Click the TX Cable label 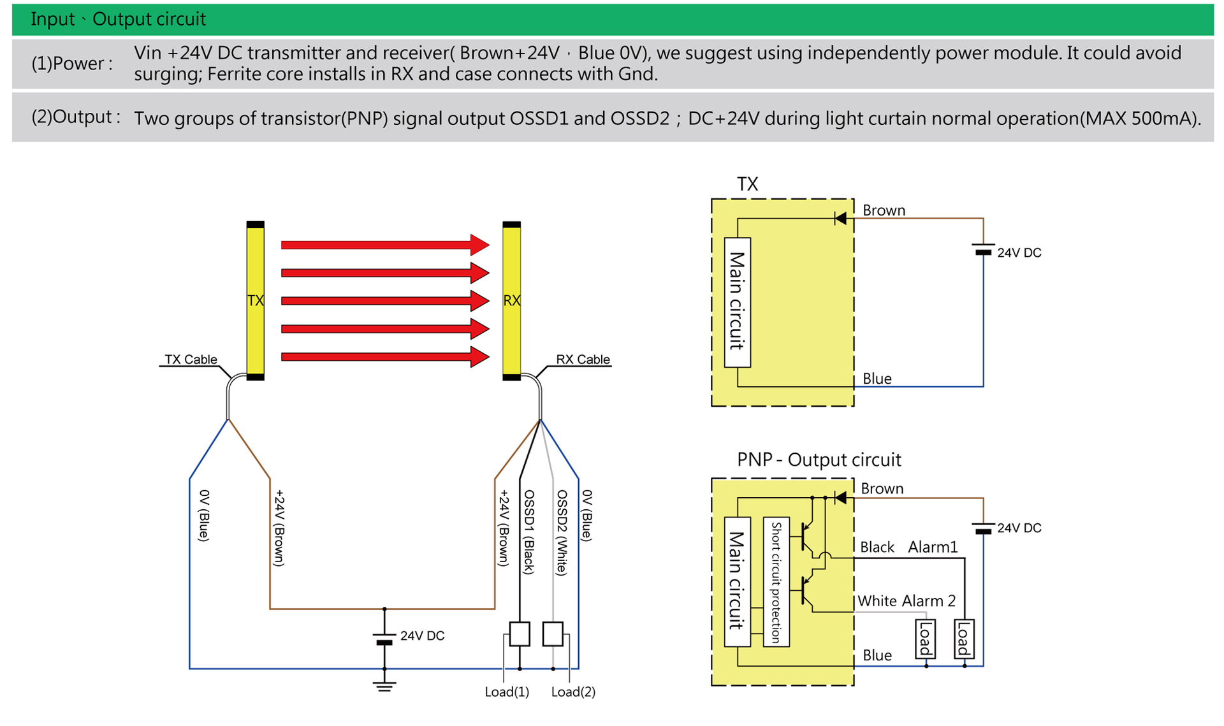[x=191, y=359]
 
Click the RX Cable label [x=583, y=359]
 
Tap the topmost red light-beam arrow [x=384, y=245]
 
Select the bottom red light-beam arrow [x=384, y=357]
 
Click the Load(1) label [x=507, y=692]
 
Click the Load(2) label [x=573, y=692]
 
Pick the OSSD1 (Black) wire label [x=529, y=532]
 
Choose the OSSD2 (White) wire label [x=562, y=532]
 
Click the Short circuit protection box [x=776, y=582]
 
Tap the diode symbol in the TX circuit [x=841, y=219]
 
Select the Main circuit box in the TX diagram [x=738, y=302]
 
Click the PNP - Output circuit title [x=819, y=460]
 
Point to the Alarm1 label [x=933, y=547]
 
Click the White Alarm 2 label [x=906, y=600]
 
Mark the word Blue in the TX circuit [x=877, y=379]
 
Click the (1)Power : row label [x=72, y=64]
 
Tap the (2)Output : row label [x=76, y=117]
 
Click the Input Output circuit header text [x=118, y=19]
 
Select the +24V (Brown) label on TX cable [x=279, y=528]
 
